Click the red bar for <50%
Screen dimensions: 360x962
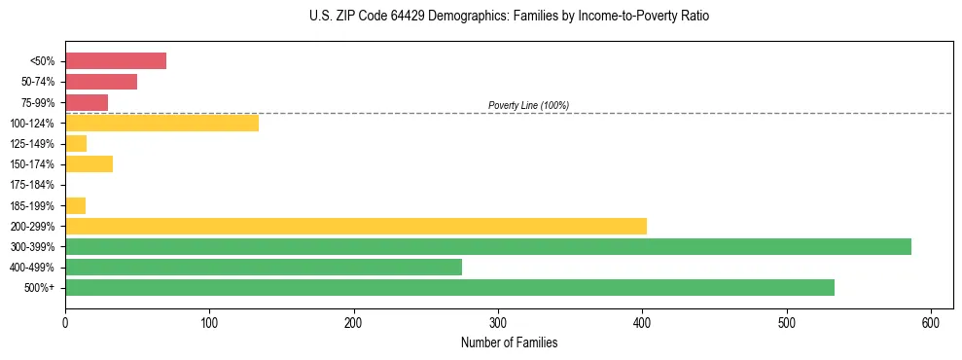tap(115, 61)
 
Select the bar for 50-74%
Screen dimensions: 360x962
tap(101, 82)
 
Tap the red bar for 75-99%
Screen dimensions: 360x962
tap(87, 102)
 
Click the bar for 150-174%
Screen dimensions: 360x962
tap(89, 163)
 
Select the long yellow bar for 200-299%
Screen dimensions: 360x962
tap(355, 226)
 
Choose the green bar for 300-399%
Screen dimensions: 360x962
tap(487, 246)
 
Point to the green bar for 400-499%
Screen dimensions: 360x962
tap(263, 267)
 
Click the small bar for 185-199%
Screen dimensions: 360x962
tap(75, 205)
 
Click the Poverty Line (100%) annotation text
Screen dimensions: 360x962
tap(528, 105)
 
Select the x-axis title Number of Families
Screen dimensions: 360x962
tap(509, 342)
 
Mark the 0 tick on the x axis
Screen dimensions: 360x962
tap(65, 322)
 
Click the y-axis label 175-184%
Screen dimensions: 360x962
tap(32, 185)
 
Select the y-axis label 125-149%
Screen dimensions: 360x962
tap(32, 144)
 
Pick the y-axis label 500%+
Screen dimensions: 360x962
tap(38, 288)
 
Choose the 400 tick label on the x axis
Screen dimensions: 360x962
tap(642, 322)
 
